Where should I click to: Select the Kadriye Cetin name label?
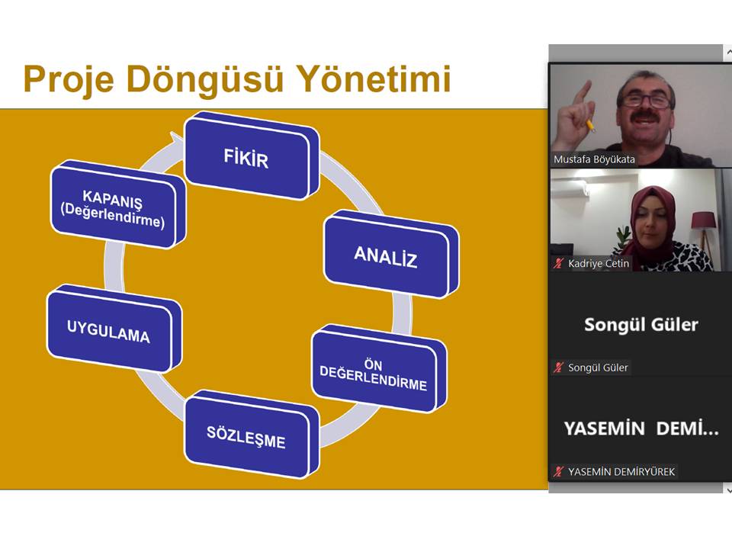599,264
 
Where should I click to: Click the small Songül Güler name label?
598,368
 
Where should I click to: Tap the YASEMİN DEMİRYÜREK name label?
621,471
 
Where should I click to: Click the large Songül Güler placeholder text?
640,325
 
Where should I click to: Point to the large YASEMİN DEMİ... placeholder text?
640,429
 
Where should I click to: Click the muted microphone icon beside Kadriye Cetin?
559,264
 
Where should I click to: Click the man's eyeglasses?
645,101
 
